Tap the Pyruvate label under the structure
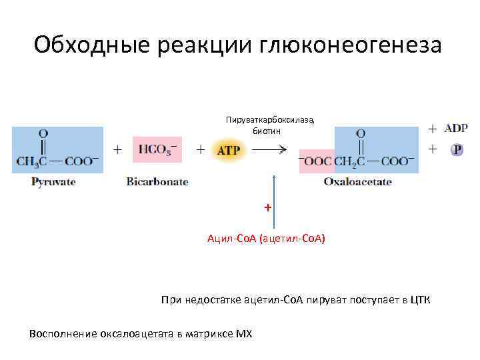pyautogui.click(x=53, y=181)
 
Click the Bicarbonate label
pyautogui.click(x=157, y=181)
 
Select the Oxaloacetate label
pyautogui.click(x=358, y=181)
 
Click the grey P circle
pyautogui.click(x=457, y=150)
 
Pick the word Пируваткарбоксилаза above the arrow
pyautogui.click(x=269, y=119)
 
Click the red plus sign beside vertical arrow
pyautogui.click(x=267, y=207)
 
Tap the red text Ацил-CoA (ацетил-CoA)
pyautogui.click(x=266, y=238)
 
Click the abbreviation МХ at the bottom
pyautogui.click(x=244, y=333)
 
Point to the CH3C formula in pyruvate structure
pyautogui.click(x=31, y=161)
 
